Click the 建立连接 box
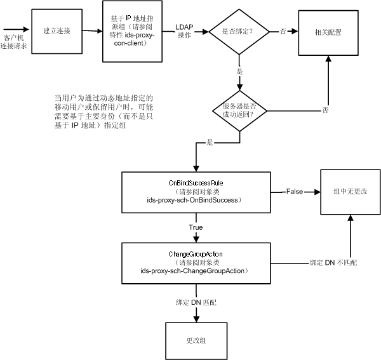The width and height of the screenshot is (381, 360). coord(57,31)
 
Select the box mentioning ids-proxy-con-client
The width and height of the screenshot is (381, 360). coord(133,31)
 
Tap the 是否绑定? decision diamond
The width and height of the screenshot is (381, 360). coord(239,32)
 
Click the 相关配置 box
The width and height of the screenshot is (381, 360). coord(328,33)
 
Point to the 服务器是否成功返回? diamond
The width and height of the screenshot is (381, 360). coord(240,111)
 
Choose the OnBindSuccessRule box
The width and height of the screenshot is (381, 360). coord(196,192)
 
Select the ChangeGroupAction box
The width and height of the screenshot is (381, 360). coord(196,263)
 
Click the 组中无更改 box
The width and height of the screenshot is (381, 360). coord(351,192)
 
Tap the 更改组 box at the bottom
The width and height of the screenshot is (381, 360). coord(196,341)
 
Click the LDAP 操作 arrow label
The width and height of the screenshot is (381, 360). coord(184,31)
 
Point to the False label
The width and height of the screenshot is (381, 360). coord(295,191)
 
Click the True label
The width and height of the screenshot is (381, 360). coord(196,227)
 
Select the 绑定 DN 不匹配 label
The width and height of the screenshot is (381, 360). coord(333,263)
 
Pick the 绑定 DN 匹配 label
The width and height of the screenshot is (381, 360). coord(196,302)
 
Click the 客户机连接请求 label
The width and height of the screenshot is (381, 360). coord(13,42)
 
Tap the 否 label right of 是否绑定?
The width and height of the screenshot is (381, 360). coord(283,31)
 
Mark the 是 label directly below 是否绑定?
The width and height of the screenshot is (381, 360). coord(239,71)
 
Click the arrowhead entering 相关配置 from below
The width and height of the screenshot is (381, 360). coord(328,59)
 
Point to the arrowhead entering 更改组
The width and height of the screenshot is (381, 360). coord(196,319)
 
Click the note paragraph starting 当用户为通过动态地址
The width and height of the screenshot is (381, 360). coord(104,112)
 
